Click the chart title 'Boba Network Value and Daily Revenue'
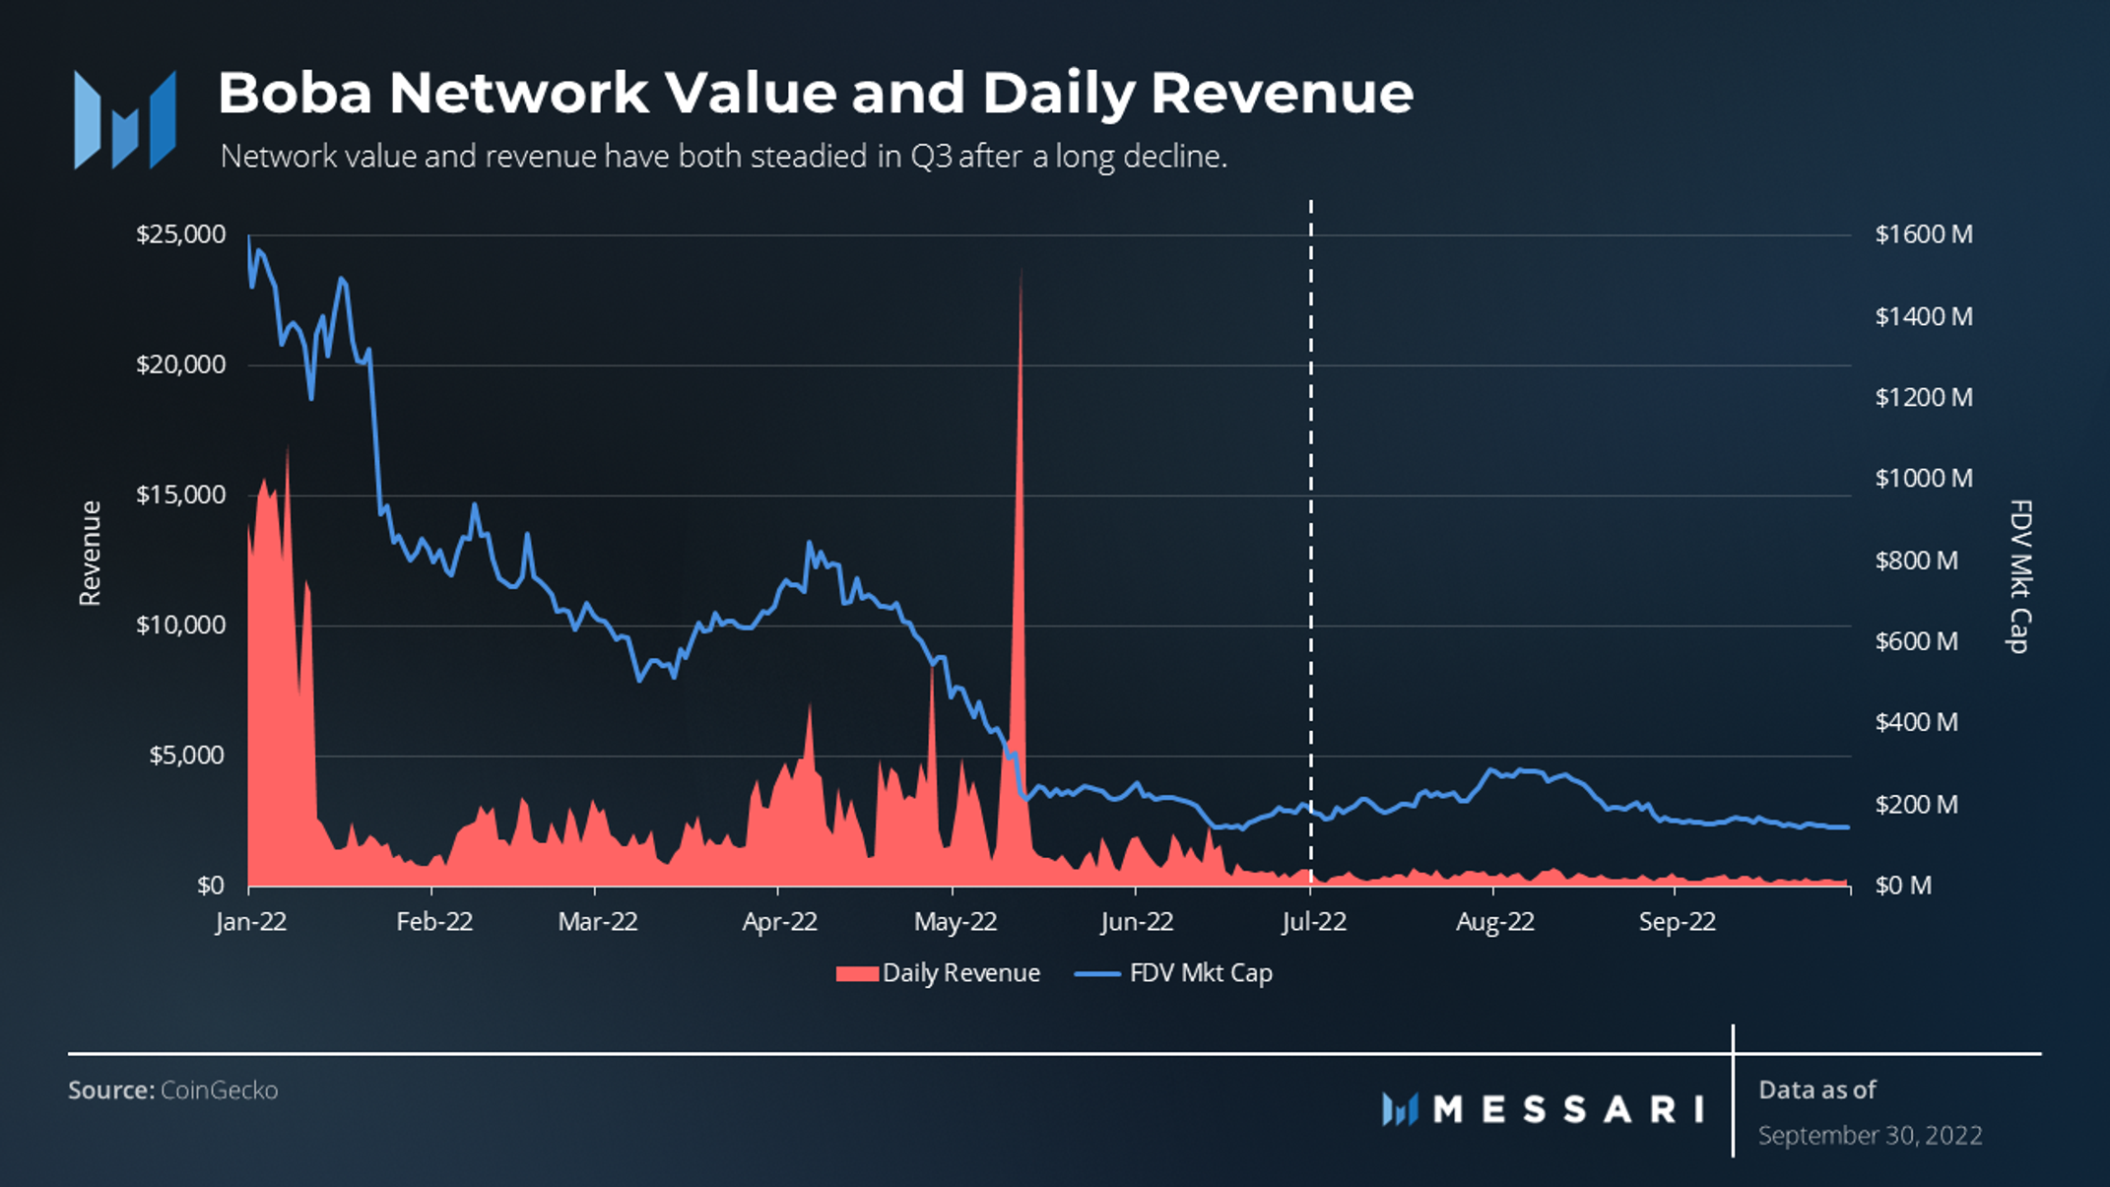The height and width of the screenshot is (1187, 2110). point(815,94)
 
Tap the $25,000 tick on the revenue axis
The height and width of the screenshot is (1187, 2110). point(181,234)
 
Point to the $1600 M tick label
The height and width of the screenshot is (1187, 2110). point(1923,234)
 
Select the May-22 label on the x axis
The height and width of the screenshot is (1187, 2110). point(955,922)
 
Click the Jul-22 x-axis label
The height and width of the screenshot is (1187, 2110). point(1313,922)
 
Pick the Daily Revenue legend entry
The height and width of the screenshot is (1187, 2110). point(938,973)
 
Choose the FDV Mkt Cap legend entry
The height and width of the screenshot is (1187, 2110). point(1174,973)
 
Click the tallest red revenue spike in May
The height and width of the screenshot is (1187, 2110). point(1020,296)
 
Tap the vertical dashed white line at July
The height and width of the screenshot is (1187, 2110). point(1311,493)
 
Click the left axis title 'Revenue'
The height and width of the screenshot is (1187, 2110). point(90,553)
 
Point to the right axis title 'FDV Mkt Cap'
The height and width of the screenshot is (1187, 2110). point(2018,576)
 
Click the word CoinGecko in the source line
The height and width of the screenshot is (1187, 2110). point(219,1090)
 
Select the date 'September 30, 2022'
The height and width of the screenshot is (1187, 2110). point(1870,1136)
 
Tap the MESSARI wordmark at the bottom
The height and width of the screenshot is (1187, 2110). point(1567,1109)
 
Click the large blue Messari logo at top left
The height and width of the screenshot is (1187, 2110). point(124,119)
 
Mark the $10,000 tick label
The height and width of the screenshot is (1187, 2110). point(181,625)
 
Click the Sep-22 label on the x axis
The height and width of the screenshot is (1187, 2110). point(1677,922)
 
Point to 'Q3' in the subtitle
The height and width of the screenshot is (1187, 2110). point(931,157)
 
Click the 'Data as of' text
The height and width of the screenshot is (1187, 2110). point(1816,1089)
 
